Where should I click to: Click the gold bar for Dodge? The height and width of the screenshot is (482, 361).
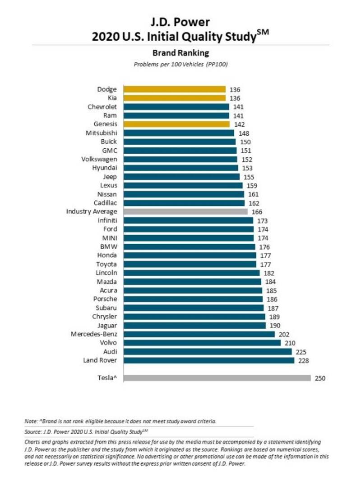point(175,90)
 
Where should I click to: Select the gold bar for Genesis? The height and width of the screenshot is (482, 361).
point(176,124)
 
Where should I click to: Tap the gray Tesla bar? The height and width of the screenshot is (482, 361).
point(217,378)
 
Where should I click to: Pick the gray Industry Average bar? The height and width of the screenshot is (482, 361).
point(185,212)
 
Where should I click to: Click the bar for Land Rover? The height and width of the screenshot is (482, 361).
point(209,360)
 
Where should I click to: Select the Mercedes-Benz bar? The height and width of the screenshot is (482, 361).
point(199,334)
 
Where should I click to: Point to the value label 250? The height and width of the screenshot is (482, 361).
point(320,378)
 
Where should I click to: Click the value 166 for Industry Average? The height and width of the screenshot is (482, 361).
point(257,212)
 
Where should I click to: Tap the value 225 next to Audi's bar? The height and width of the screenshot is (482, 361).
point(301,352)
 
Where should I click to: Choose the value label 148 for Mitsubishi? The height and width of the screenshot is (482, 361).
point(244,133)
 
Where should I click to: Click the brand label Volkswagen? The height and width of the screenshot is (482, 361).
point(99,159)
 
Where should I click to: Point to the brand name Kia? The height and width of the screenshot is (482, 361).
point(112,98)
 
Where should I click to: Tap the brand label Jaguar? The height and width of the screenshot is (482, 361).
point(107,325)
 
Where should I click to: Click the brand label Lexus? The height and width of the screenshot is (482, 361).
point(108,185)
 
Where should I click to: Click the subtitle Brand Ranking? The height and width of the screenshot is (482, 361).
point(180,53)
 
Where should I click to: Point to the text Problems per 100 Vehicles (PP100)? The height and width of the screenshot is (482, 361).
point(180,64)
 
